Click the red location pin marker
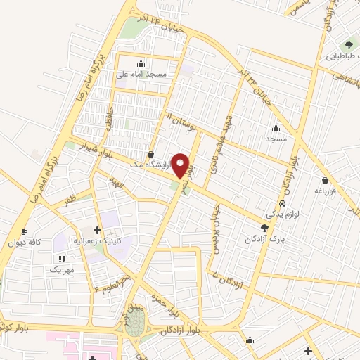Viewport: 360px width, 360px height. [181, 165]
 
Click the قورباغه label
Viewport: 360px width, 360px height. [326, 190]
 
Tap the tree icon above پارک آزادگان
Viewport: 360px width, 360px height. [264, 227]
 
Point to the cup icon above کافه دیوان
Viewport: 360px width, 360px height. [24, 232]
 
